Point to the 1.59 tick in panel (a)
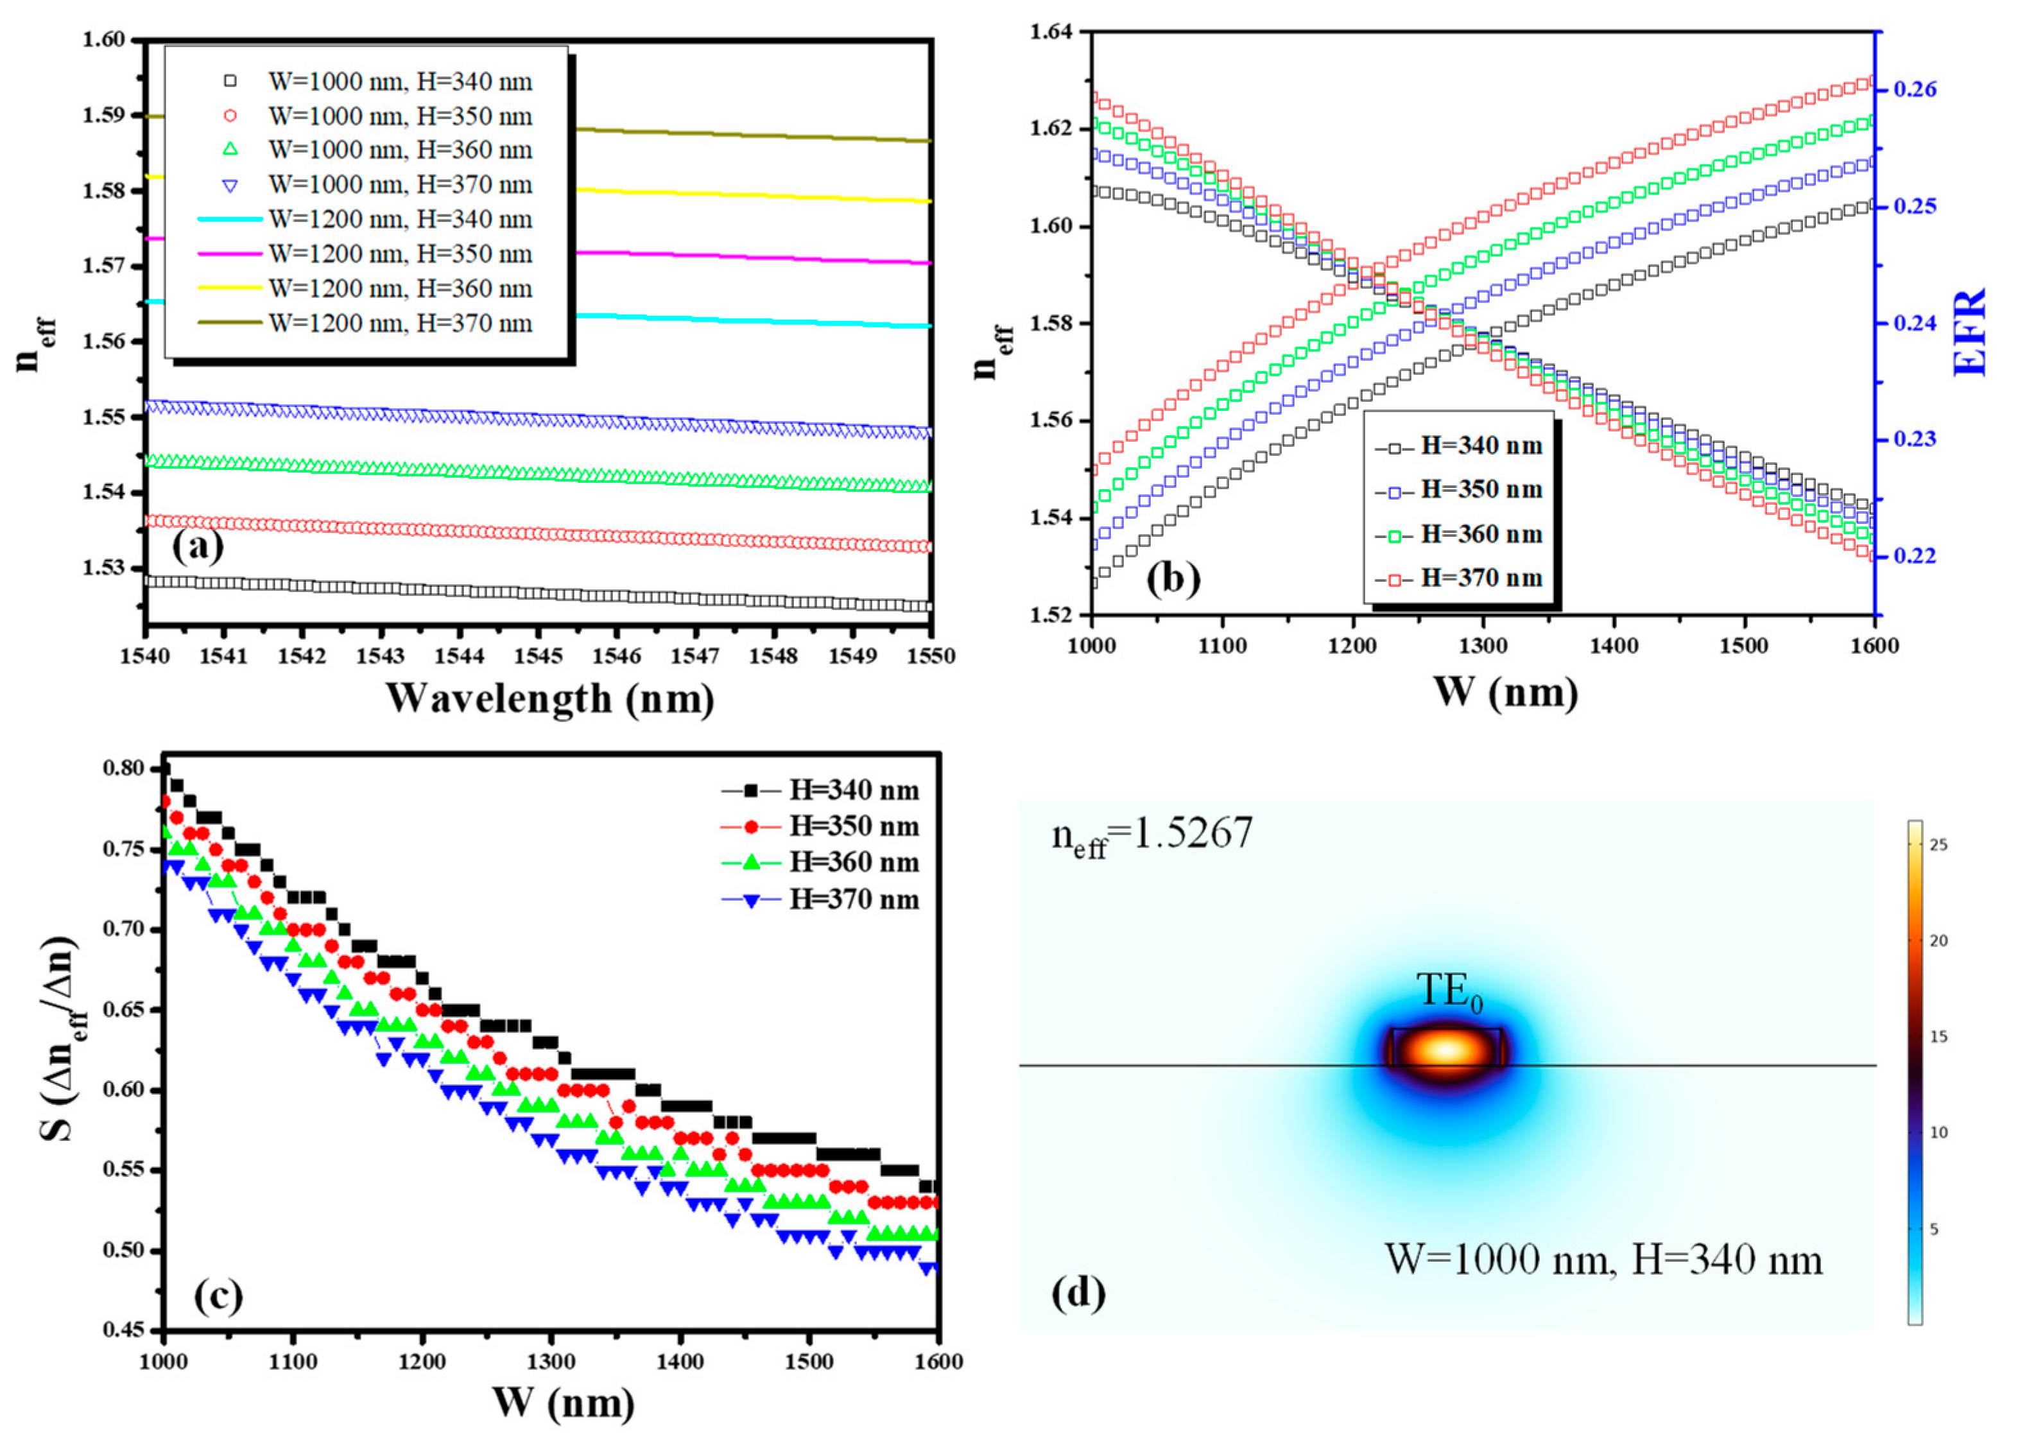[103, 116]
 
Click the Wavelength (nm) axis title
[550, 698]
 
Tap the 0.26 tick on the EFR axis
[1914, 89]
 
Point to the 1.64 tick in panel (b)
[1051, 33]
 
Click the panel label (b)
[1173, 579]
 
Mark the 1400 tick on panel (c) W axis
[680, 1361]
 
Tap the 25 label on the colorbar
[1938, 845]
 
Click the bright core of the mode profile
[1447, 1050]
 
